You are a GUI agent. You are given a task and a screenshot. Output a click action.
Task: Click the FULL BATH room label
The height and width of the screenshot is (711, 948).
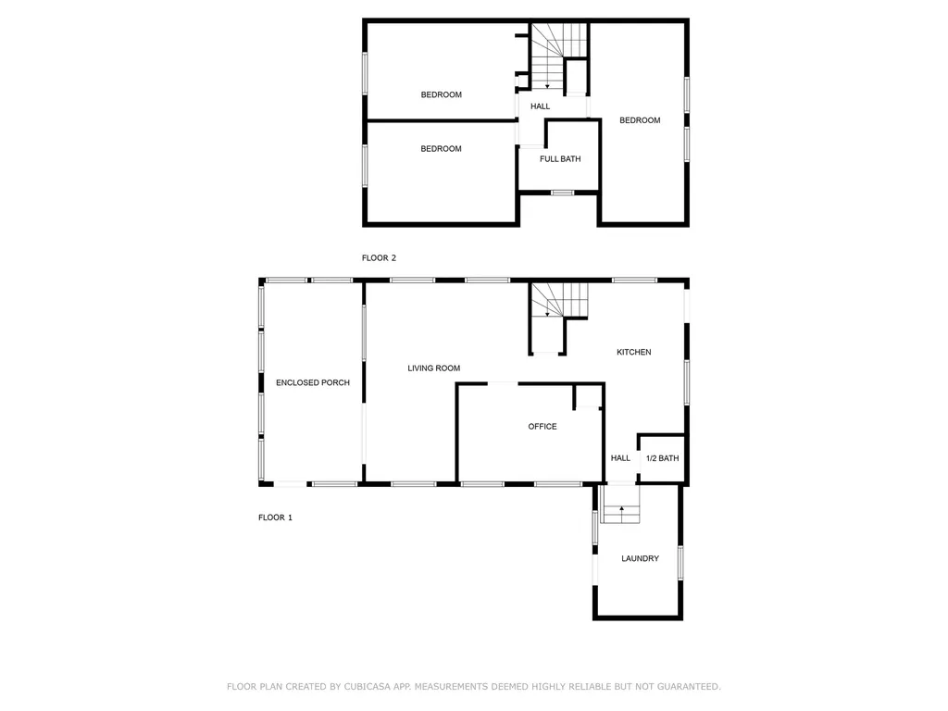click(560, 159)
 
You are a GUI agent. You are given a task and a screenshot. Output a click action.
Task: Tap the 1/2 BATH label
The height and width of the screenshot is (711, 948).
click(662, 458)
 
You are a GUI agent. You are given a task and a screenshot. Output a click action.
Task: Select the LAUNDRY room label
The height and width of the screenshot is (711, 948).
click(640, 558)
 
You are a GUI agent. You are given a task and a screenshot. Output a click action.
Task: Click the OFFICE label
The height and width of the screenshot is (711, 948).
click(543, 427)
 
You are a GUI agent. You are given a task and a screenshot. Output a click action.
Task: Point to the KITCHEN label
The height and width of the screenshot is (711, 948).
click(634, 352)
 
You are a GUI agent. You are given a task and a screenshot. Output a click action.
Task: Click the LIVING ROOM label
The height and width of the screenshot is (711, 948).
click(433, 368)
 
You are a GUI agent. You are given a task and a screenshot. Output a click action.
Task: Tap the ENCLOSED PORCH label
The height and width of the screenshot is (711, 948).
click(313, 382)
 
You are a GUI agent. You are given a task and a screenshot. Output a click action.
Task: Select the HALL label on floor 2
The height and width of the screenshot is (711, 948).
click(540, 106)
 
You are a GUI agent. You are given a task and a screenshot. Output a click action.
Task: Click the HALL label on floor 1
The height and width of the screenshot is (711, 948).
click(620, 458)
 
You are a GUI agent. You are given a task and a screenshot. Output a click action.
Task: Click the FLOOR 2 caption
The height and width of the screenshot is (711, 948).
click(379, 258)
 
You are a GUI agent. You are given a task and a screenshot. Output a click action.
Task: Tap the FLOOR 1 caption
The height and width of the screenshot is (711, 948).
click(275, 518)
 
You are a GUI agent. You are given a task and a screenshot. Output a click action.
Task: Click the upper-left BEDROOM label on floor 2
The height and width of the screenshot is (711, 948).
click(441, 94)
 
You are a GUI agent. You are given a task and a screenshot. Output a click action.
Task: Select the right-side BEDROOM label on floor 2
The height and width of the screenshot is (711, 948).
click(640, 120)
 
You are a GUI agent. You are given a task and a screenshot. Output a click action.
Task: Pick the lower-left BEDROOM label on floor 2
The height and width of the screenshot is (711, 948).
click(441, 149)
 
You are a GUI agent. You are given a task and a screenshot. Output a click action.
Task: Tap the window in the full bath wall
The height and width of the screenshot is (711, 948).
click(561, 193)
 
